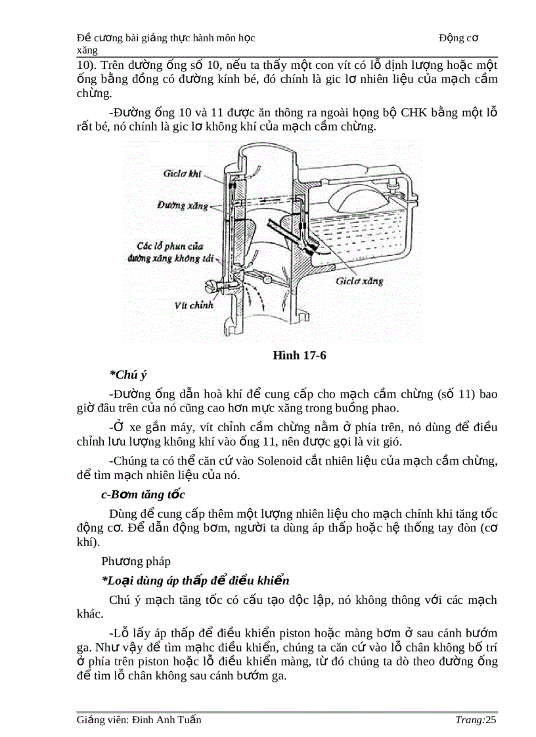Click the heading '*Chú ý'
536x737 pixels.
[x=127, y=375]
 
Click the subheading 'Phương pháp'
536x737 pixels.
[x=136, y=561]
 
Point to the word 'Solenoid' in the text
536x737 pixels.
[x=277, y=460]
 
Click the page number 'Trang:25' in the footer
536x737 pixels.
[x=476, y=720]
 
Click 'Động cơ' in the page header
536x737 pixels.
[x=458, y=38]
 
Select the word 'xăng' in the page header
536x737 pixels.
[x=87, y=50]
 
